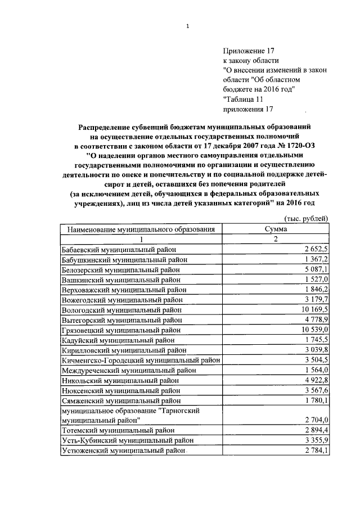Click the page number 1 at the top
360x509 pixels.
point(187,26)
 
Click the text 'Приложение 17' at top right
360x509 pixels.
point(247,50)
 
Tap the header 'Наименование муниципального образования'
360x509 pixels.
point(141,229)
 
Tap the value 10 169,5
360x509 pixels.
point(314,310)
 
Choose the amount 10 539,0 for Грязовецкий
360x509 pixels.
point(314,330)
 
